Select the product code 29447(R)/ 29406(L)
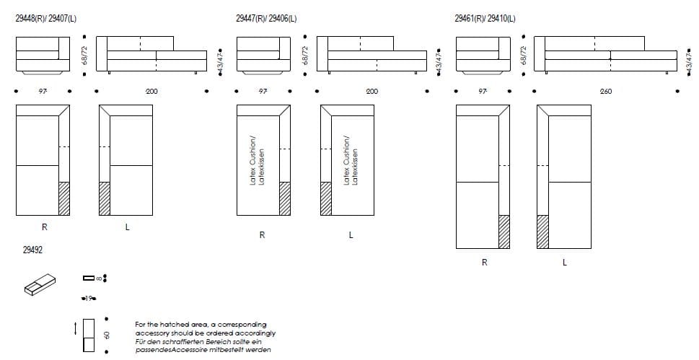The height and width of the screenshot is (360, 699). pyautogui.click(x=266, y=19)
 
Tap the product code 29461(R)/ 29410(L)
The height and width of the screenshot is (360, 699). pyautogui.click(x=485, y=19)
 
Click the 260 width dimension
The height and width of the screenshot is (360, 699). pyautogui.click(x=606, y=92)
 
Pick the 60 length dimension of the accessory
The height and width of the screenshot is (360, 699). pyautogui.click(x=107, y=335)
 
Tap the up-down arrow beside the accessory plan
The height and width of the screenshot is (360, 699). pyautogui.click(x=76, y=329)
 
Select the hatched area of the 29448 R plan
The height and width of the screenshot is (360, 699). pyautogui.click(x=64, y=198)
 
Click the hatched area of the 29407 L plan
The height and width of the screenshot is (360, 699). pyautogui.click(x=104, y=198)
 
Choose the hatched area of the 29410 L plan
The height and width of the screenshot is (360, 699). pyautogui.click(x=542, y=232)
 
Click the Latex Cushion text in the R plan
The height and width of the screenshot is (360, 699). pyautogui.click(x=257, y=160)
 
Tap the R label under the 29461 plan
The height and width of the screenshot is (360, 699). pyautogui.click(x=484, y=263)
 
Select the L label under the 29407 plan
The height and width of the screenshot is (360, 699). pyautogui.click(x=127, y=228)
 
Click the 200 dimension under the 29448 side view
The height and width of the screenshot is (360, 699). pyautogui.click(x=151, y=92)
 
